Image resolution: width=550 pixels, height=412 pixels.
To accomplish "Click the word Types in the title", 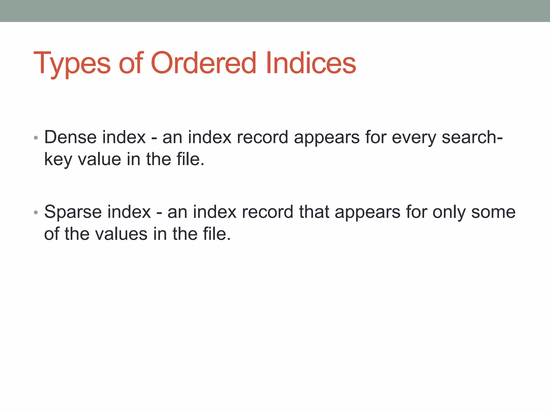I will (x=72, y=63).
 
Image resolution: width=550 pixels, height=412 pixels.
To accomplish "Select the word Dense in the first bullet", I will (x=70, y=137).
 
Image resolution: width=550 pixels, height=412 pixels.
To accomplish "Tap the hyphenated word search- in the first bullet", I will (x=472, y=137).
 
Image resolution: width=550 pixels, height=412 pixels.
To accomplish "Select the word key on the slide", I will (x=58, y=160).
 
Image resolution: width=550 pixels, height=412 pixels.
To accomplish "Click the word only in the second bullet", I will (x=449, y=212).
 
